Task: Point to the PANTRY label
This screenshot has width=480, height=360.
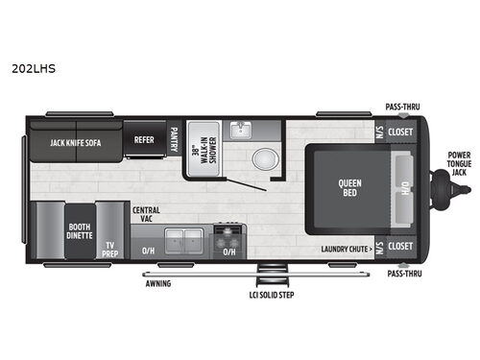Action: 174,139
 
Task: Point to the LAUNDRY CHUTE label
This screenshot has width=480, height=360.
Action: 345,246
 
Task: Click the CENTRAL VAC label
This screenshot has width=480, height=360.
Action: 146,213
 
